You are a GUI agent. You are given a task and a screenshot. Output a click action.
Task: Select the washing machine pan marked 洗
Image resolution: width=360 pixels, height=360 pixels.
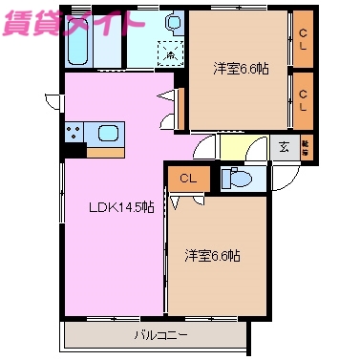[169, 54]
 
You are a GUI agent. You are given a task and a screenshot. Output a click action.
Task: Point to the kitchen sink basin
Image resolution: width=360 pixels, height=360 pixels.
[106, 132]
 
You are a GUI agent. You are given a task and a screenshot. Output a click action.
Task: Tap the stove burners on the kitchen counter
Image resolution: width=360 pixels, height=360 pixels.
[75, 132]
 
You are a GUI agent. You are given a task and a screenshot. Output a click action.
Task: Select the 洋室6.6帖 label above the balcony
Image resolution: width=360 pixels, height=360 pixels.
[213, 256]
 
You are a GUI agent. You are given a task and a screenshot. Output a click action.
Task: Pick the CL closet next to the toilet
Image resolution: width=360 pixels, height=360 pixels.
[186, 177]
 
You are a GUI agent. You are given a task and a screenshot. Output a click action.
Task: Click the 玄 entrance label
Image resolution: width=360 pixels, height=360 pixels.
[284, 146]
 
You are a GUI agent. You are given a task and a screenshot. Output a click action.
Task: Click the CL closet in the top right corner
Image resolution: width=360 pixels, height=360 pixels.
[303, 39]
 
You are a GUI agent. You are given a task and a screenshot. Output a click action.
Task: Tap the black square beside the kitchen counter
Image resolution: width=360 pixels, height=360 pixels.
[74, 149]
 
